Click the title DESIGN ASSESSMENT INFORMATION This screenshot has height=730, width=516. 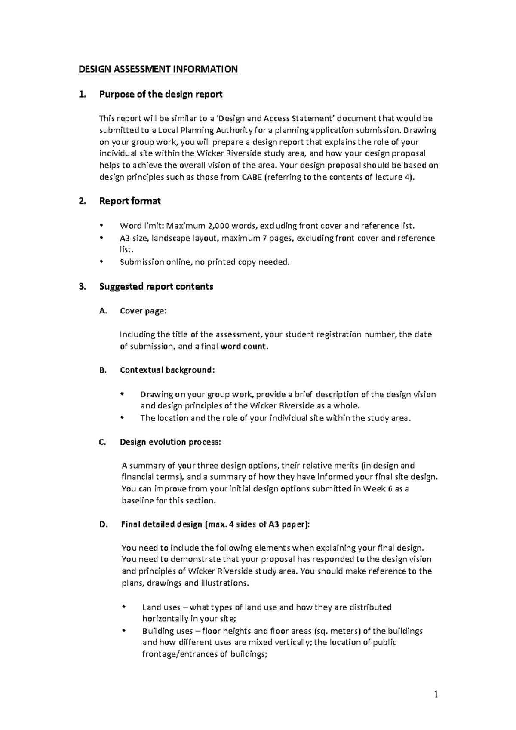coord(157,69)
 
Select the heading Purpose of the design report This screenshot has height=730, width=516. coord(160,94)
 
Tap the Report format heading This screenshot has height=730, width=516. coord(130,201)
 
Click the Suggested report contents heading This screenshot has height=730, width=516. coord(156,286)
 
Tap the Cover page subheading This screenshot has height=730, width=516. coord(143,311)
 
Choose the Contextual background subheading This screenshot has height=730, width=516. coord(167,370)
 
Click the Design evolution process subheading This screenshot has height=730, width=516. coord(171,442)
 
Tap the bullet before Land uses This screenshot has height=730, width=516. coord(124,607)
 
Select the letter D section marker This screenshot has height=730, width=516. coord(102,524)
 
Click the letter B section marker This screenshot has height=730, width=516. coord(102,370)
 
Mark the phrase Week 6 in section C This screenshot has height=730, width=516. coord(377,488)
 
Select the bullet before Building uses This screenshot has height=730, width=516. coord(124,630)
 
